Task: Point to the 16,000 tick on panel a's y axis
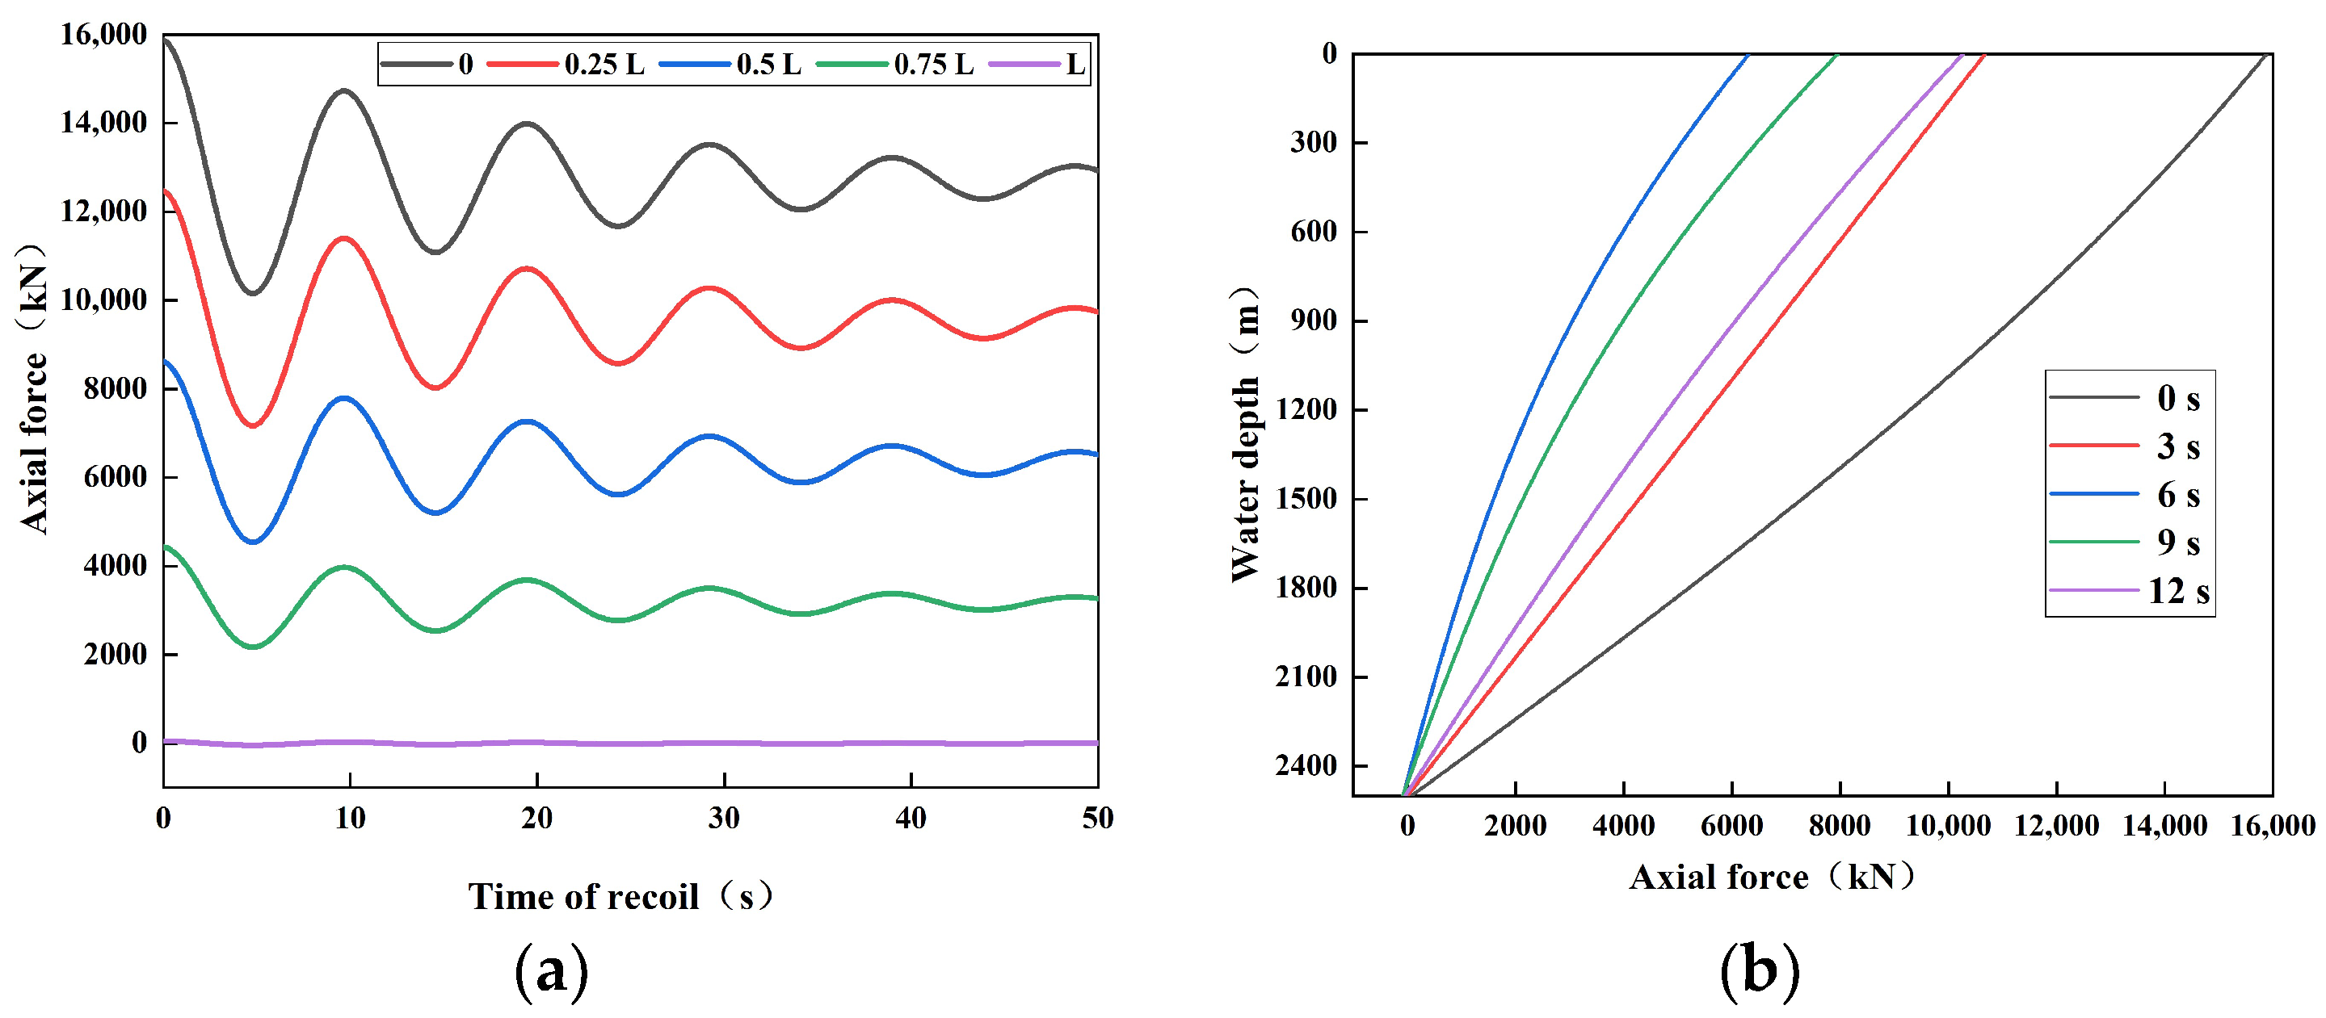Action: click(x=103, y=34)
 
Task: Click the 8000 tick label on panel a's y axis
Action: click(x=115, y=388)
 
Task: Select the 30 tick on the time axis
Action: click(x=723, y=818)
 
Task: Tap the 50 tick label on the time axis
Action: click(x=1097, y=818)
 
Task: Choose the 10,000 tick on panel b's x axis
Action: click(x=1948, y=825)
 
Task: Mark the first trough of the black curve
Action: click(x=253, y=292)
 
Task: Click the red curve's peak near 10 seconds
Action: click(x=344, y=238)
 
